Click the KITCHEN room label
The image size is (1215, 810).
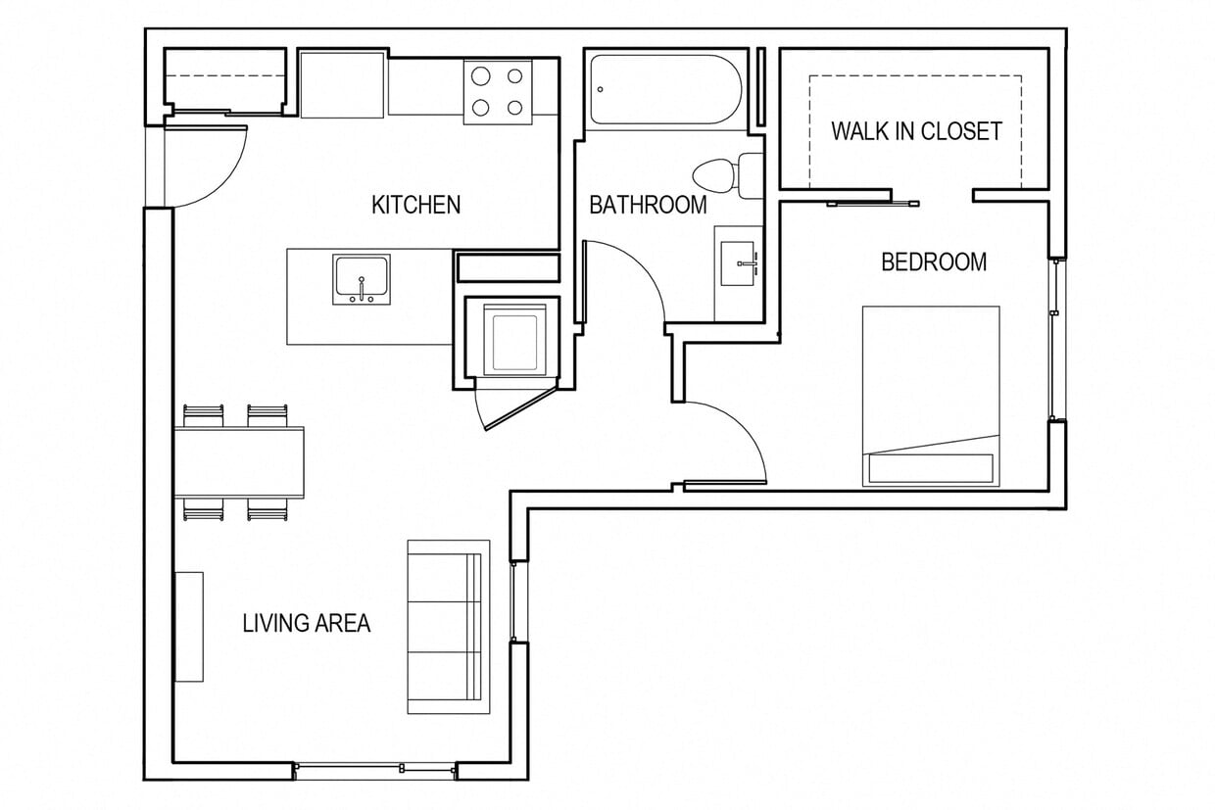click(415, 205)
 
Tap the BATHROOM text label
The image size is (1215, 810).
click(648, 205)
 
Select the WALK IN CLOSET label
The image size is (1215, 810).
click(916, 131)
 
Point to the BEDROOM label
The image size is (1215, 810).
click(933, 262)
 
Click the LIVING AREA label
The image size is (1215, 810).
click(307, 623)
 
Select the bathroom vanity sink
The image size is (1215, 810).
click(738, 263)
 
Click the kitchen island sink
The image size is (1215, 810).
click(362, 278)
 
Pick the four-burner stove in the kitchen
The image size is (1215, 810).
click(498, 91)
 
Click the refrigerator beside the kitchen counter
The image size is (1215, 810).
click(341, 85)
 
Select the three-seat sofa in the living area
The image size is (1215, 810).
click(448, 626)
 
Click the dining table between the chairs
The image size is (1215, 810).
click(240, 462)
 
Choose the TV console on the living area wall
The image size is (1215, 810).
click(189, 627)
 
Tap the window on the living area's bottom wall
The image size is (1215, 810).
click(375, 771)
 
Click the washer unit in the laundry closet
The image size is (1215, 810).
click(516, 339)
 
